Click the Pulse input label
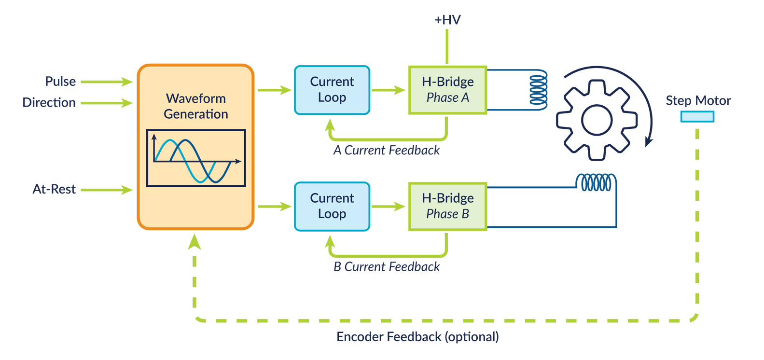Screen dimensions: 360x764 (60, 81)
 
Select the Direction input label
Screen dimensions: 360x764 (49, 102)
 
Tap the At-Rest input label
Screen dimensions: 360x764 (54, 189)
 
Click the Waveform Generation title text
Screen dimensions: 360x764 (195, 106)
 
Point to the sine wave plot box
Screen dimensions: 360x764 (196, 158)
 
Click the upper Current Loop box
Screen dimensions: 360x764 (332, 90)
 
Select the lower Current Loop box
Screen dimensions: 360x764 (332, 206)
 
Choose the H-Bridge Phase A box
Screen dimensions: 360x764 (447, 90)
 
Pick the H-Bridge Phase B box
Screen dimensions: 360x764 (447, 206)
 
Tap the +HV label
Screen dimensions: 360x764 (447, 20)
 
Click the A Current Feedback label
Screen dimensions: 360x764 (387, 151)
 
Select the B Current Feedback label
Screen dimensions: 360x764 (387, 267)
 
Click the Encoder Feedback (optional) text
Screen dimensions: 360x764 (417, 337)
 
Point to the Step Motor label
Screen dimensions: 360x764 (698, 100)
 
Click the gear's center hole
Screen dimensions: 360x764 (597, 120)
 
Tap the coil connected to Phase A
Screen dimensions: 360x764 (539, 90)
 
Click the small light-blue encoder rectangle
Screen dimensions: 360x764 (697, 116)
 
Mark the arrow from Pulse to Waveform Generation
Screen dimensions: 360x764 (107, 82)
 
